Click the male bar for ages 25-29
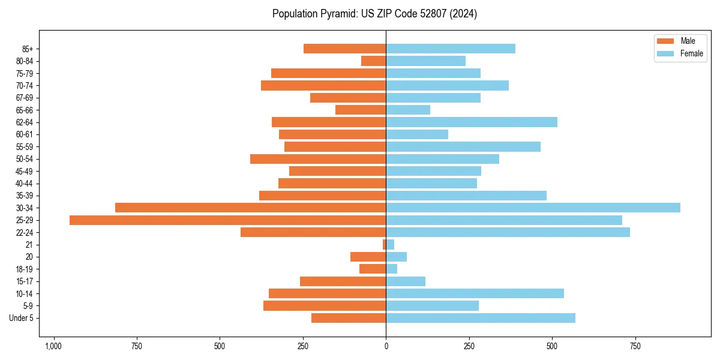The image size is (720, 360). [x=228, y=220]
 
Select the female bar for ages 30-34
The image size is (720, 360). [x=533, y=208]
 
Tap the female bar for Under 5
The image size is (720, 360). [x=480, y=318]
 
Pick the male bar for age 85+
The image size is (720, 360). [x=345, y=49]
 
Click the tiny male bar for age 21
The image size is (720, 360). [x=384, y=245]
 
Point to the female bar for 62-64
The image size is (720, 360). [x=472, y=122]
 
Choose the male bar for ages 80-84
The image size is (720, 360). [x=374, y=61]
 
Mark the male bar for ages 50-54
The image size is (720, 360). [x=318, y=159]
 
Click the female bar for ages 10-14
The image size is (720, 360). [x=475, y=293]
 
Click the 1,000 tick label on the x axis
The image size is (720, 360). [x=53, y=346]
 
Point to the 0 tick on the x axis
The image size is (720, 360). [x=386, y=346]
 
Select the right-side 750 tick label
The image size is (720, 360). [x=635, y=346]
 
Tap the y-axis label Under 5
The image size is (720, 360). [x=22, y=318]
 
